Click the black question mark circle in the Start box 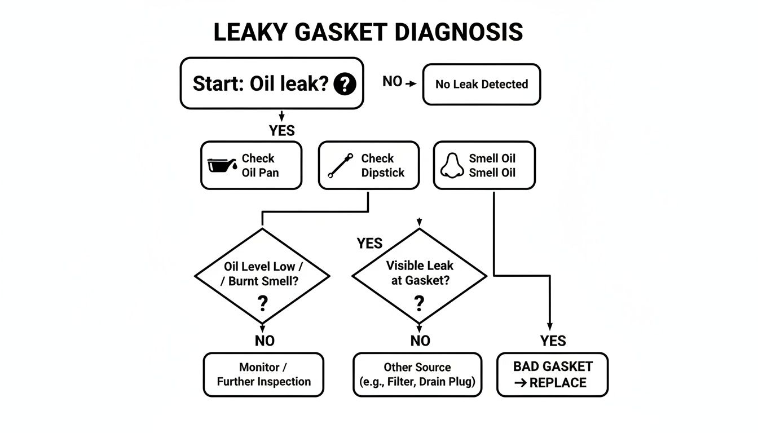pos(345,85)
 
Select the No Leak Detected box pos(481,85)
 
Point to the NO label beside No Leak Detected pos(393,82)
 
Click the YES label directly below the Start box pos(282,131)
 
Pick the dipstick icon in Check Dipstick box pos(340,165)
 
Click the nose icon pos(452,165)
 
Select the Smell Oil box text pos(492,165)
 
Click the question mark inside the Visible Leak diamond pos(418,303)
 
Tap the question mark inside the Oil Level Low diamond pos(262,304)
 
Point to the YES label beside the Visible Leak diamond pos(369,244)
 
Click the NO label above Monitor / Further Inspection pos(265,341)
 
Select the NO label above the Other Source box pos(420,341)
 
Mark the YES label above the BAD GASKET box pos(553,341)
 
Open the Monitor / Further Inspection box pos(263,374)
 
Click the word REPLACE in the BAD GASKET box pos(558,382)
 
